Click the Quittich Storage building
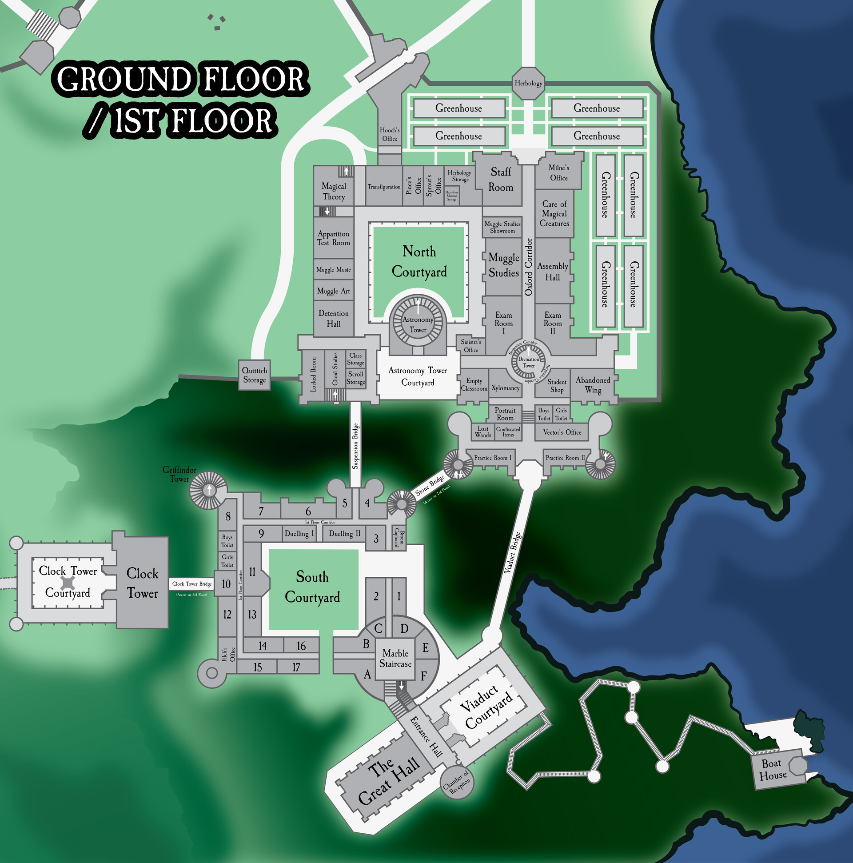[x=254, y=375]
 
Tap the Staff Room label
[x=501, y=180]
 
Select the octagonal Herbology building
[x=528, y=83]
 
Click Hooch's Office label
[x=390, y=135]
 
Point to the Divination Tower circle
[x=529, y=362]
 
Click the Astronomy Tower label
[x=418, y=325]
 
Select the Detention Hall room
[x=334, y=319]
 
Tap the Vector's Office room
[x=562, y=432]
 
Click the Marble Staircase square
[x=395, y=659]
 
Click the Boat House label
[x=773, y=770]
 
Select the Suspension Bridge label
[x=355, y=446]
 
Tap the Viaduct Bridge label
[x=513, y=552]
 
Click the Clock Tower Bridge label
[x=192, y=584]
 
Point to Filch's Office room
[x=228, y=655]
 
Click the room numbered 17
[x=296, y=667]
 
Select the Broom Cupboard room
[x=399, y=538]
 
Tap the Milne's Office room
[x=559, y=173]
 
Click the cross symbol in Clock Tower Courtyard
[x=68, y=583]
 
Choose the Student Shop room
[x=557, y=386]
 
